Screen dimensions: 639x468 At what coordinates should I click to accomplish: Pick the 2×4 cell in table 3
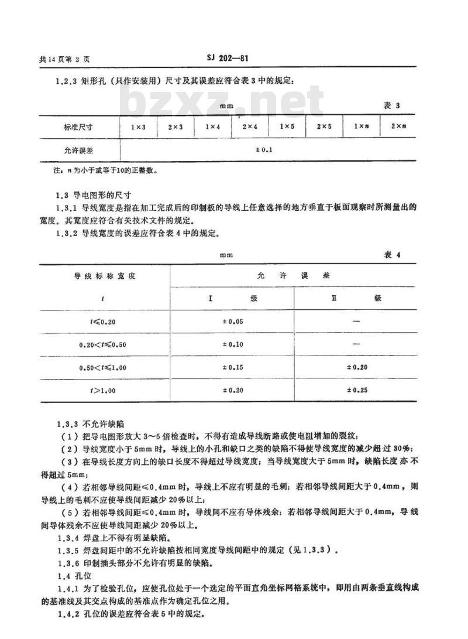[250, 127]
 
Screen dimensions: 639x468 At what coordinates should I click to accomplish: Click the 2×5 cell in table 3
[324, 127]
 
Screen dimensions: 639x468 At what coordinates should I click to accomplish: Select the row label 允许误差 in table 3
[79, 151]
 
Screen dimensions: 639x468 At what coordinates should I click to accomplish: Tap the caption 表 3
[391, 106]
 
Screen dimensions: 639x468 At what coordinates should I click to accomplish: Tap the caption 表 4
[392, 255]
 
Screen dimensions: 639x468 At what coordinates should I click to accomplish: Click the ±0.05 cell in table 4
[232, 321]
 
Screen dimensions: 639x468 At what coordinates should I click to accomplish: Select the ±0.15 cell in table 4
[232, 367]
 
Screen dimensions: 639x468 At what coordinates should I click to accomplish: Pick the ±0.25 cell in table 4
[356, 390]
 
